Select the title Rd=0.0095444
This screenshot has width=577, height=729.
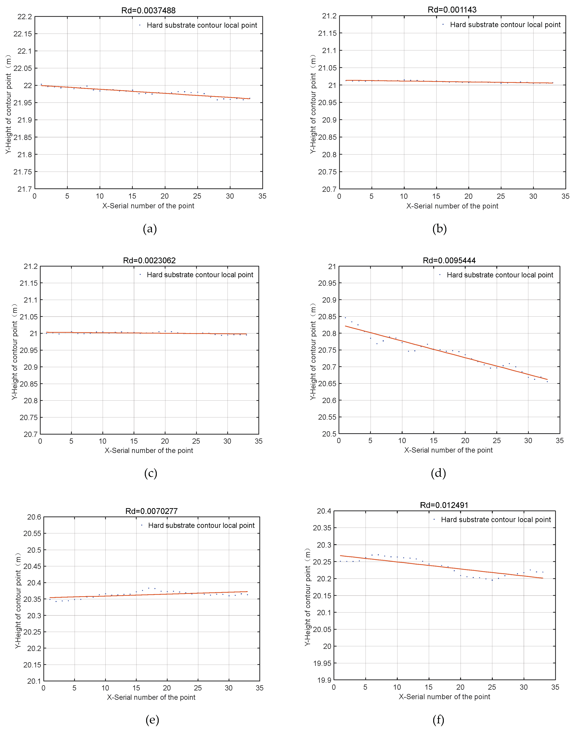[449, 260]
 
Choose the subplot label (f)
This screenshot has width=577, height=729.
[438, 720]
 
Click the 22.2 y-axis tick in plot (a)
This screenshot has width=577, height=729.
[25, 17]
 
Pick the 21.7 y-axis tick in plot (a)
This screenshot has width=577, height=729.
[25, 189]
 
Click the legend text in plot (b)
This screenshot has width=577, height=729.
[505, 25]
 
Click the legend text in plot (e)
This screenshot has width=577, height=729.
[201, 525]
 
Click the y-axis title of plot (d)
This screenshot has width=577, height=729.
[313, 351]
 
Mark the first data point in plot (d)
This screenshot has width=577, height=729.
[345, 317]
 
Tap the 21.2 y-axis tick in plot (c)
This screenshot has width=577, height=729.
[31, 267]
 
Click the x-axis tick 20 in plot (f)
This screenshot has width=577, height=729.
[460, 687]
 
